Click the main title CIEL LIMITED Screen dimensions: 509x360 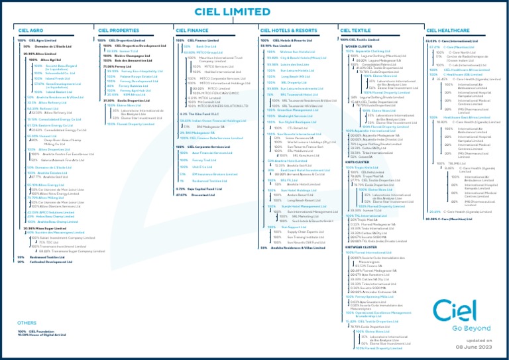254,12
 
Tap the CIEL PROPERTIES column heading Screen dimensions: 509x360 118,30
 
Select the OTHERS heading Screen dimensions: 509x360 27,323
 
